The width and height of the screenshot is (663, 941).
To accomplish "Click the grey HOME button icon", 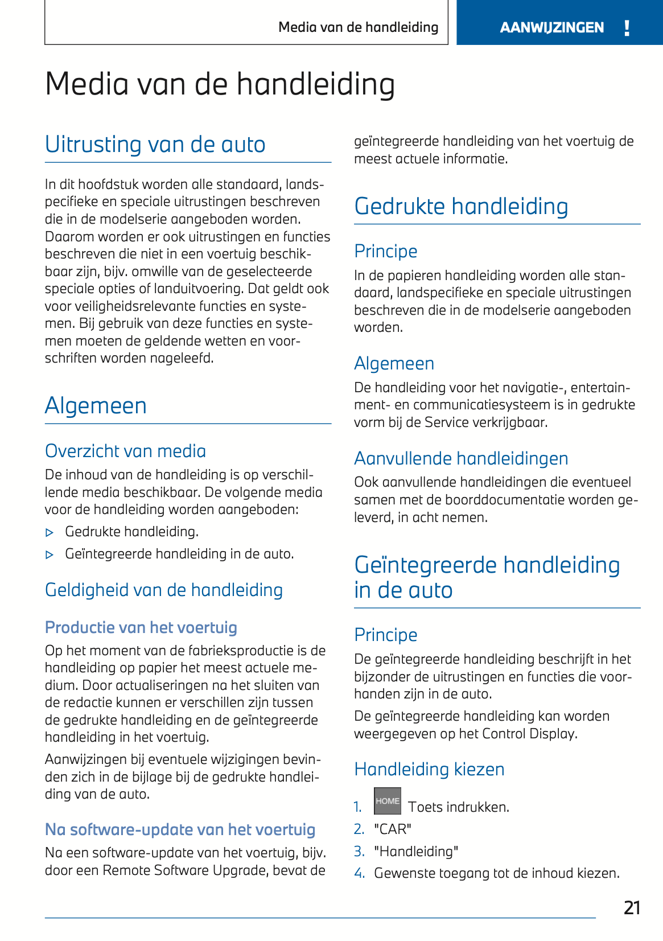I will point(388,801).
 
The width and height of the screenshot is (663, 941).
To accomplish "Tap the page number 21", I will point(632,907).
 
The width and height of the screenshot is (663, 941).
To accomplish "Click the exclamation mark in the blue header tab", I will point(627,28).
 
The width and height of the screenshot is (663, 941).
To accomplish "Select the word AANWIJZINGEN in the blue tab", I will point(551,28).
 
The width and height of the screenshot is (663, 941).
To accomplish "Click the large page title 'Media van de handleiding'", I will point(220,84).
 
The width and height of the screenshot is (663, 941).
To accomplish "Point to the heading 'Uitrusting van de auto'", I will point(155,145).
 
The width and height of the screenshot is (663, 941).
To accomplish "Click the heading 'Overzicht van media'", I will point(125,451).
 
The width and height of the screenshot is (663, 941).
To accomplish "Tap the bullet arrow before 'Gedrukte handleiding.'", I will point(50,533).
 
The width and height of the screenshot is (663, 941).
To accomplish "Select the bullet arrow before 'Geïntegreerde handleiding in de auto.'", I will point(50,555).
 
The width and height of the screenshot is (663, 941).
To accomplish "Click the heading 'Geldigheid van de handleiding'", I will point(164,590).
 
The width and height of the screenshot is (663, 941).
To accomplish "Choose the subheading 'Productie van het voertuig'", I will point(141,627).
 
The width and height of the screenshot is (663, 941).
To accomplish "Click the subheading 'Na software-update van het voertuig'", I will point(180,829).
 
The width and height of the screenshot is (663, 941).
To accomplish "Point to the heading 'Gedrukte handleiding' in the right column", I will point(461,206).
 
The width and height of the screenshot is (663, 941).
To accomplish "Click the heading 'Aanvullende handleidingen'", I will point(461,458).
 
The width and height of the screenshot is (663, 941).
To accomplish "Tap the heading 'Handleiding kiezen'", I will point(429,769).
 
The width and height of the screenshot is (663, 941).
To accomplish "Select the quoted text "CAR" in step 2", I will point(393,829).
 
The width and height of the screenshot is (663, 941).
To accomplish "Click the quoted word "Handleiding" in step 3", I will point(416,852).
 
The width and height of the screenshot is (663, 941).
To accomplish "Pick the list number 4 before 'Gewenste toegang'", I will point(359,873).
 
